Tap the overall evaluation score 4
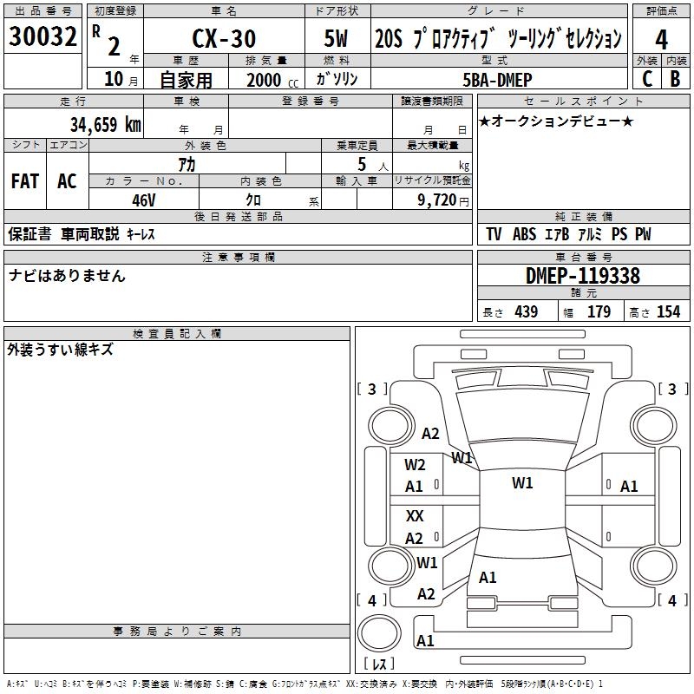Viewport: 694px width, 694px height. pyautogui.click(x=661, y=39)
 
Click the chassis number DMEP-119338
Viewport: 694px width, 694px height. pyautogui.click(x=583, y=276)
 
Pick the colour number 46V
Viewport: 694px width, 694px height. pyautogui.click(x=143, y=200)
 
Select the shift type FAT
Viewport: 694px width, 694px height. pyautogui.click(x=25, y=181)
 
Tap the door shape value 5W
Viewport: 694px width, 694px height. pyautogui.click(x=337, y=39)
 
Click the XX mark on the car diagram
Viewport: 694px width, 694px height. pyautogui.click(x=415, y=516)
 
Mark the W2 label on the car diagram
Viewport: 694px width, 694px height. pyautogui.click(x=415, y=465)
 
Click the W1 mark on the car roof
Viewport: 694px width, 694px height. pyautogui.click(x=522, y=483)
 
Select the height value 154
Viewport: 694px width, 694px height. pyautogui.click(x=667, y=312)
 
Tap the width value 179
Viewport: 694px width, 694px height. pyautogui.click(x=599, y=312)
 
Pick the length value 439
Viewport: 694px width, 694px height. pyautogui.click(x=526, y=312)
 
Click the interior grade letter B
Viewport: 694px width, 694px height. pyautogui.click(x=675, y=79)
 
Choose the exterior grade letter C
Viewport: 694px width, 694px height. pyautogui.click(x=647, y=79)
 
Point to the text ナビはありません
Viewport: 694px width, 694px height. pyautogui.click(x=67, y=276)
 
